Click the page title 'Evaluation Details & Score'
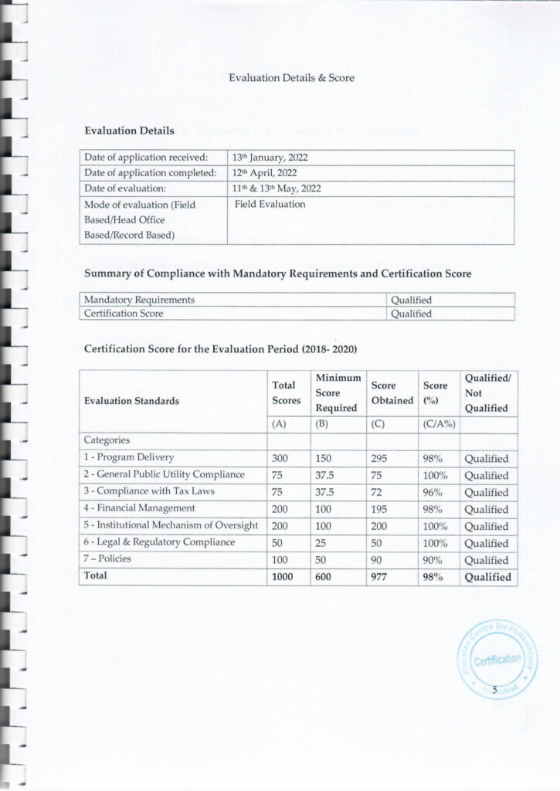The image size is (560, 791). (x=291, y=78)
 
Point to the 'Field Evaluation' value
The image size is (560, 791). (x=270, y=205)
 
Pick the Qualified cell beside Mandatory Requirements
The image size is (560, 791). (x=411, y=300)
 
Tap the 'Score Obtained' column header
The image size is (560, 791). (x=392, y=392)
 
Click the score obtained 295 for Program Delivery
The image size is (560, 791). (x=379, y=458)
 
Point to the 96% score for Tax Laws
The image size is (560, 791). (x=431, y=492)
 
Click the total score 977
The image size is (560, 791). (x=379, y=576)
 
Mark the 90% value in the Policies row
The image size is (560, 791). (x=431, y=560)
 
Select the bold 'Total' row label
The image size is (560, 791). (x=96, y=575)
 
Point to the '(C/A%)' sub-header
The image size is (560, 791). (x=436, y=423)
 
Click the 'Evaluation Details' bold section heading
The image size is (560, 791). (x=129, y=131)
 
